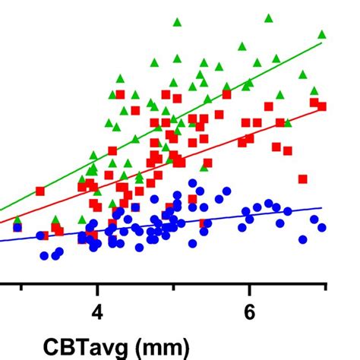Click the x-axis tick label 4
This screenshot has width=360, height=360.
point(96,313)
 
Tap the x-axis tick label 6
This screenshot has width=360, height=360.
point(249,313)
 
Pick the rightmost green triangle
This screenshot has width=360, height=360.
point(322,33)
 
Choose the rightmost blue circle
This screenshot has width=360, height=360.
point(321,227)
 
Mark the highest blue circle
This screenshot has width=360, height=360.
point(193,183)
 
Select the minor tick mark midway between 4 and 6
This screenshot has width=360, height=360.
point(173,288)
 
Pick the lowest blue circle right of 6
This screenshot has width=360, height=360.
point(303,239)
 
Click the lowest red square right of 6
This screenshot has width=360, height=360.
point(302,179)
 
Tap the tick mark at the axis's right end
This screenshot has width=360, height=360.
point(326,288)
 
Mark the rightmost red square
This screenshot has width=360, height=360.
point(321,106)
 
